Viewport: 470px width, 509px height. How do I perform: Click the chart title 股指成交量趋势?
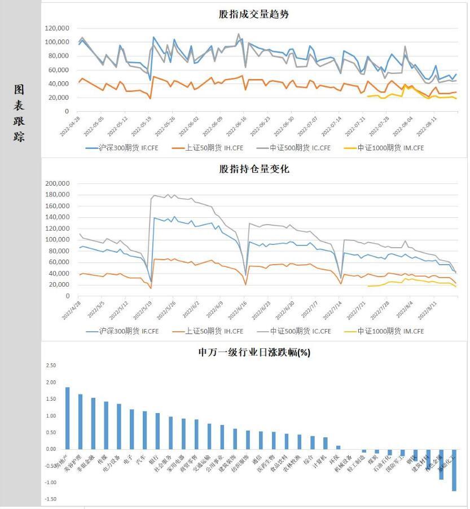point(253,14)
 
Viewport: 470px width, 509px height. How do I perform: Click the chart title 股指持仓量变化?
point(253,169)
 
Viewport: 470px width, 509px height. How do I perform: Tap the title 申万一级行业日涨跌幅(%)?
point(254,353)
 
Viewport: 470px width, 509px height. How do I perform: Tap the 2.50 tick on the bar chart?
point(51,366)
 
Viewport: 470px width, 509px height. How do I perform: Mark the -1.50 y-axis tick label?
point(51,499)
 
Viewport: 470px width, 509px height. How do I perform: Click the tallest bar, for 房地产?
point(68,418)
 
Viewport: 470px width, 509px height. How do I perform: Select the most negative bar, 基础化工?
point(454,470)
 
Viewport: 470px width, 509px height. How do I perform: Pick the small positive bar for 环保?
point(339,447)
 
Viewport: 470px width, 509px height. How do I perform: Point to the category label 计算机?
point(320,460)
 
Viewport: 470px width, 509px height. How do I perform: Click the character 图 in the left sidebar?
point(20,90)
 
